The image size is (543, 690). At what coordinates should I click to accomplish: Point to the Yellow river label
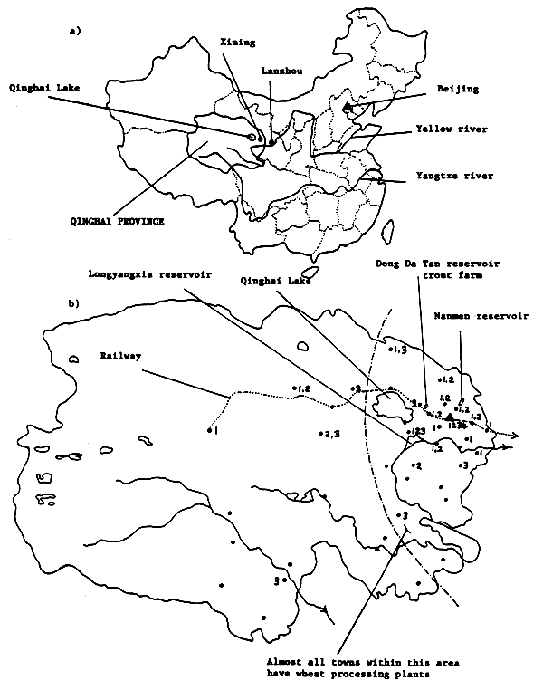pyautogui.click(x=453, y=129)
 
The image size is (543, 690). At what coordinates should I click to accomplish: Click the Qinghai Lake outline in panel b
pyautogui.click(x=392, y=400)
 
